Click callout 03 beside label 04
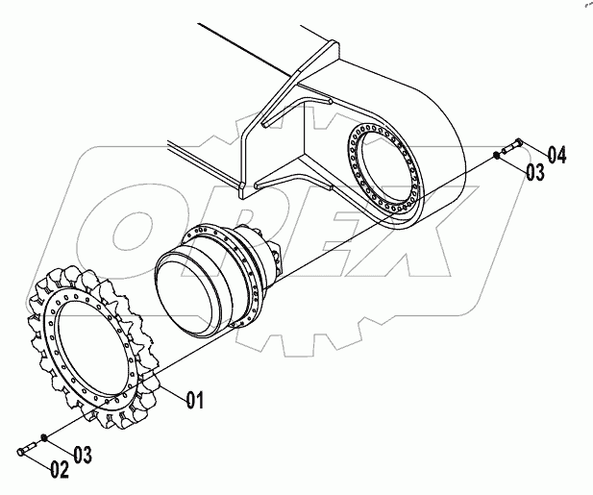[535, 172]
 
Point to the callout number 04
[558, 153]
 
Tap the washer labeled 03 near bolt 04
[496, 155]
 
